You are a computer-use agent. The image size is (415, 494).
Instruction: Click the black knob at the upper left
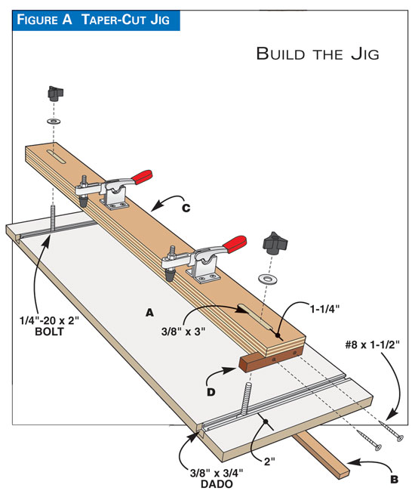coord(53,94)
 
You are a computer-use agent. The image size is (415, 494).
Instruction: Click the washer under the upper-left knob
coord(53,120)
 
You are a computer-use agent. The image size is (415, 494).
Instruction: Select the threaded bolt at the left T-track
coord(55,218)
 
